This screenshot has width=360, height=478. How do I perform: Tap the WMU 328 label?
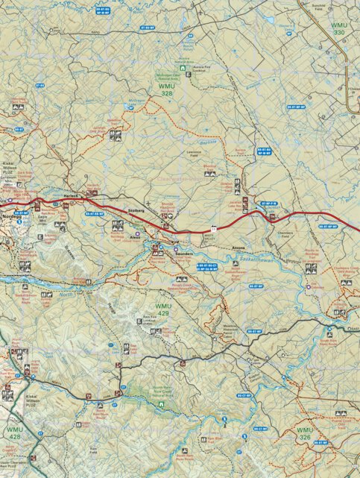coord(168,90)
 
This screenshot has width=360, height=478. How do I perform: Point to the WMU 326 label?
coord(305,433)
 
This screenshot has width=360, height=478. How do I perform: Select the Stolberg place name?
coord(137,211)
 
